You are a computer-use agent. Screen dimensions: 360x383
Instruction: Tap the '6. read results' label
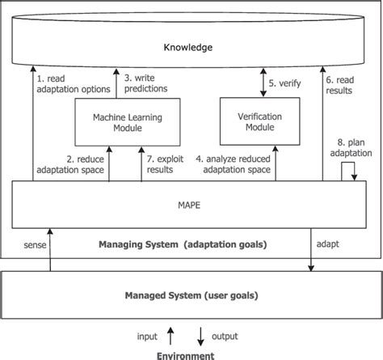coord(339,86)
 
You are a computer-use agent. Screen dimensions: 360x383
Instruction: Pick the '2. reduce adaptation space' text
coord(71,165)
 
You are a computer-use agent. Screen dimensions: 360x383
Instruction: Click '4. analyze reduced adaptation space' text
coord(251,165)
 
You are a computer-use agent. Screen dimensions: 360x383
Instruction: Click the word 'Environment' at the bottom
coord(187,354)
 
